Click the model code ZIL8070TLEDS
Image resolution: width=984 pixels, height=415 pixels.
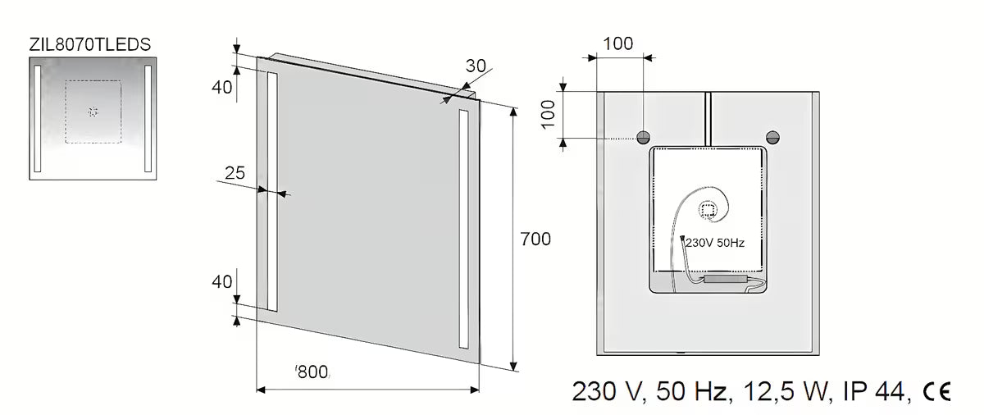[90, 45]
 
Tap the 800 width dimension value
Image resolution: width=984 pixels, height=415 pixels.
[312, 372]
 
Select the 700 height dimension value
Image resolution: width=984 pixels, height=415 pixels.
[535, 239]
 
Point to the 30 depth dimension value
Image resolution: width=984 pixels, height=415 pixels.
[476, 66]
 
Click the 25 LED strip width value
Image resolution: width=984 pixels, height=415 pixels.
[235, 173]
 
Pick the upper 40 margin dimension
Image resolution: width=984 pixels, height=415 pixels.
[222, 88]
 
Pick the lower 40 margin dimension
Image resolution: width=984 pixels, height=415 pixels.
[222, 282]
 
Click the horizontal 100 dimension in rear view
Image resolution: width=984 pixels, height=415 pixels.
[617, 43]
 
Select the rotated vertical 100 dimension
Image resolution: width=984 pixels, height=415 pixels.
[548, 115]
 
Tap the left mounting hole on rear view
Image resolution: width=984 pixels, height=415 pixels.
[644, 138]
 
